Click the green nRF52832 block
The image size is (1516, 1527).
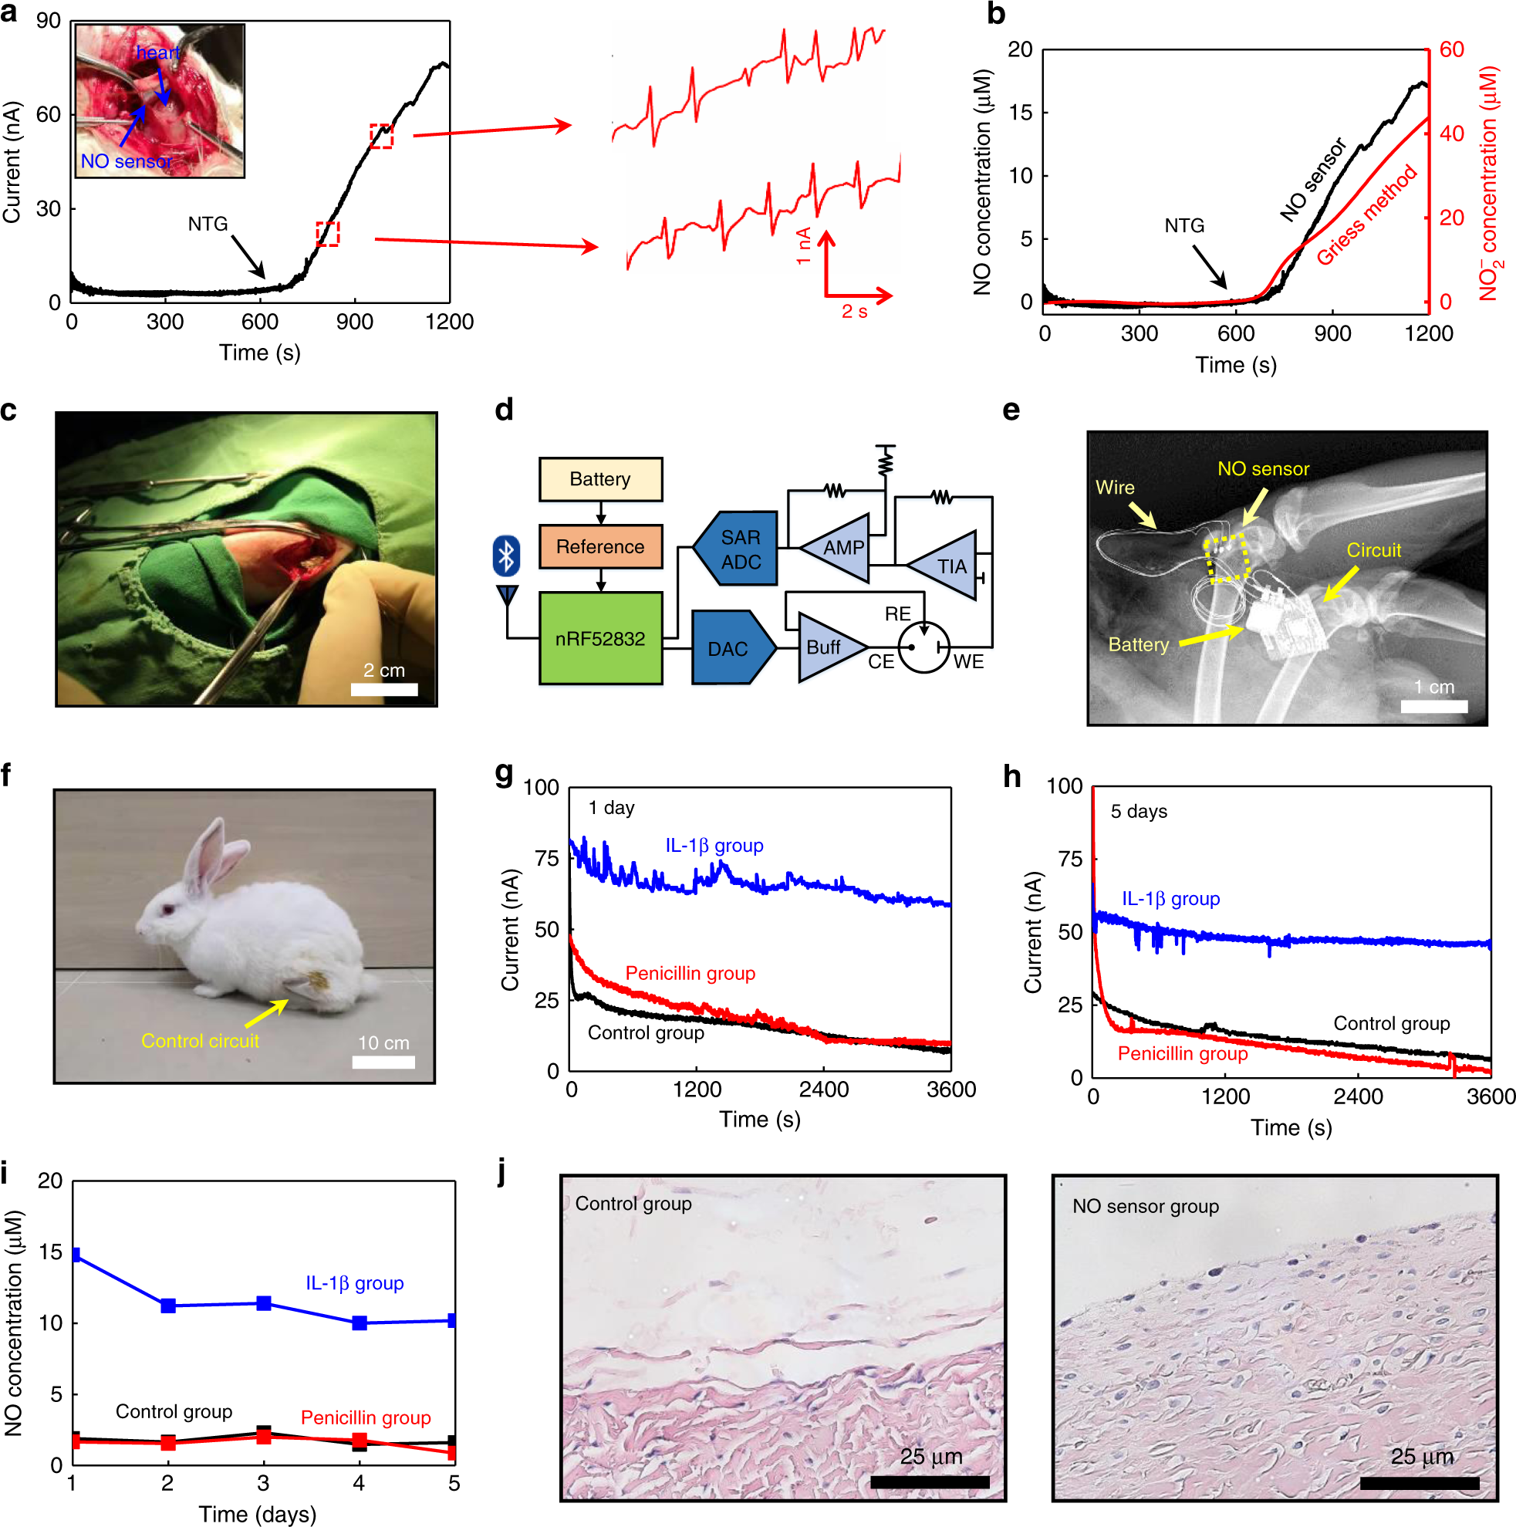(x=600, y=638)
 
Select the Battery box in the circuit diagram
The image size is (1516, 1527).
(x=600, y=479)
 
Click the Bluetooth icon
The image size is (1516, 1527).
(x=506, y=556)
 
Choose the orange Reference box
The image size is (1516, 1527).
(x=600, y=546)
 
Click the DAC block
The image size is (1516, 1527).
(x=730, y=648)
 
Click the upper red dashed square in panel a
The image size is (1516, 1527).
(x=381, y=136)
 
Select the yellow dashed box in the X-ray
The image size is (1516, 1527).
(x=1227, y=557)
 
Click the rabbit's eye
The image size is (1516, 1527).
(x=167, y=910)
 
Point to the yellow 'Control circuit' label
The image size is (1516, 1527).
(x=200, y=1041)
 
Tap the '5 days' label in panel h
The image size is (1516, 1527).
(x=1138, y=811)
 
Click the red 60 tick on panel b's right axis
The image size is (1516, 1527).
(x=1451, y=50)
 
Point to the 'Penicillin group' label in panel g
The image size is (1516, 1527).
(x=690, y=973)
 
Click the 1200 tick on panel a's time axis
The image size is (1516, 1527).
(x=449, y=322)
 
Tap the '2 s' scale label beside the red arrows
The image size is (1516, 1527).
(x=853, y=312)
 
